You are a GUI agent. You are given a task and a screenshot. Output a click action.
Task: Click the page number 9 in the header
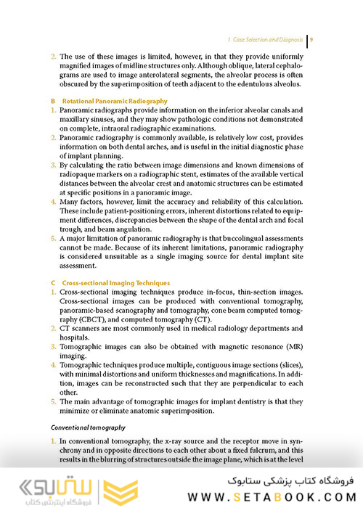click(x=311, y=39)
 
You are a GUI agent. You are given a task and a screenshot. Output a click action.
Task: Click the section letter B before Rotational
click(x=53, y=100)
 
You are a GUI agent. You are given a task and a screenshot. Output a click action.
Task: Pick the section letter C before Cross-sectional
click(x=53, y=282)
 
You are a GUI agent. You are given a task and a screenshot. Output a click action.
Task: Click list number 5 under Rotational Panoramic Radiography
click(x=53, y=237)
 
